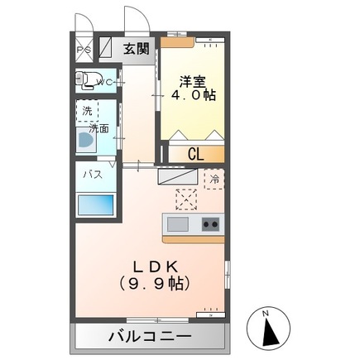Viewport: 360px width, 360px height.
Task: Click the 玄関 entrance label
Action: point(137,49)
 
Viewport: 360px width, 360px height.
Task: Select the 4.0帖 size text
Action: point(194,95)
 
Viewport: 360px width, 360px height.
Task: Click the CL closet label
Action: point(195,153)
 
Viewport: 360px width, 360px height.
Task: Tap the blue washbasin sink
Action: point(84,140)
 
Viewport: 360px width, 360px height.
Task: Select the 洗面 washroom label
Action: point(100,128)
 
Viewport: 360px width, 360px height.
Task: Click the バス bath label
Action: point(90,175)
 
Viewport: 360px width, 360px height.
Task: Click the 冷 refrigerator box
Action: point(214,178)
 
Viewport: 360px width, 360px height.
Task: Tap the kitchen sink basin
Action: point(177,223)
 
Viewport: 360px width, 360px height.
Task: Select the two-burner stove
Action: point(209,223)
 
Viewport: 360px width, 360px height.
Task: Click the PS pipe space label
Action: point(84,49)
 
